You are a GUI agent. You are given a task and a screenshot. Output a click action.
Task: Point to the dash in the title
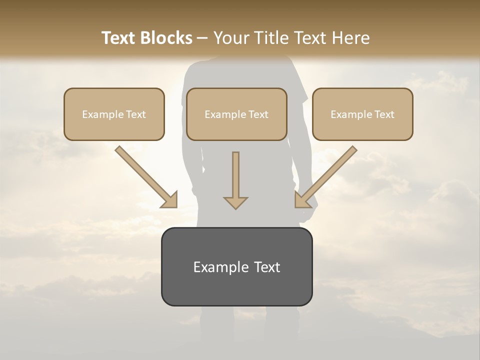pyautogui.click(x=203, y=38)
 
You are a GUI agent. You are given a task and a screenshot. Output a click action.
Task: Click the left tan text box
pyautogui.click(x=114, y=114)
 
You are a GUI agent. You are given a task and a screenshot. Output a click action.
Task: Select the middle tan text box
pyautogui.click(x=236, y=114)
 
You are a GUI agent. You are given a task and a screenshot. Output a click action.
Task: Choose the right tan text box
pyautogui.click(x=362, y=114)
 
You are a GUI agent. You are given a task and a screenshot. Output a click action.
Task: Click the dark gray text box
pyautogui.click(x=236, y=266)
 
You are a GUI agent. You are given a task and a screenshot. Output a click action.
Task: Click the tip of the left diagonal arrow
pyautogui.click(x=175, y=205)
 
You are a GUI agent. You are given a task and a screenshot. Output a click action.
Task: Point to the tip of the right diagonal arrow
pyautogui.click(x=296, y=205)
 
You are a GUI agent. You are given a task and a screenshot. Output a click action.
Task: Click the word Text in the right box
pyautogui.click(x=383, y=114)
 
